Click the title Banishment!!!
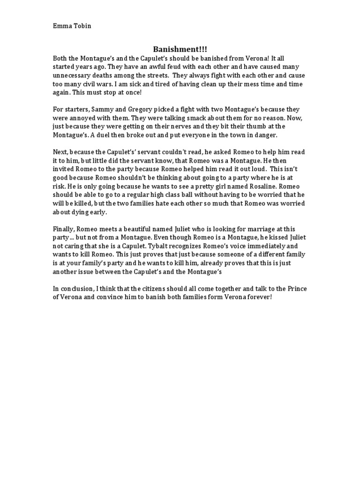pos(180,49)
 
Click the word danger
pos(267,135)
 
